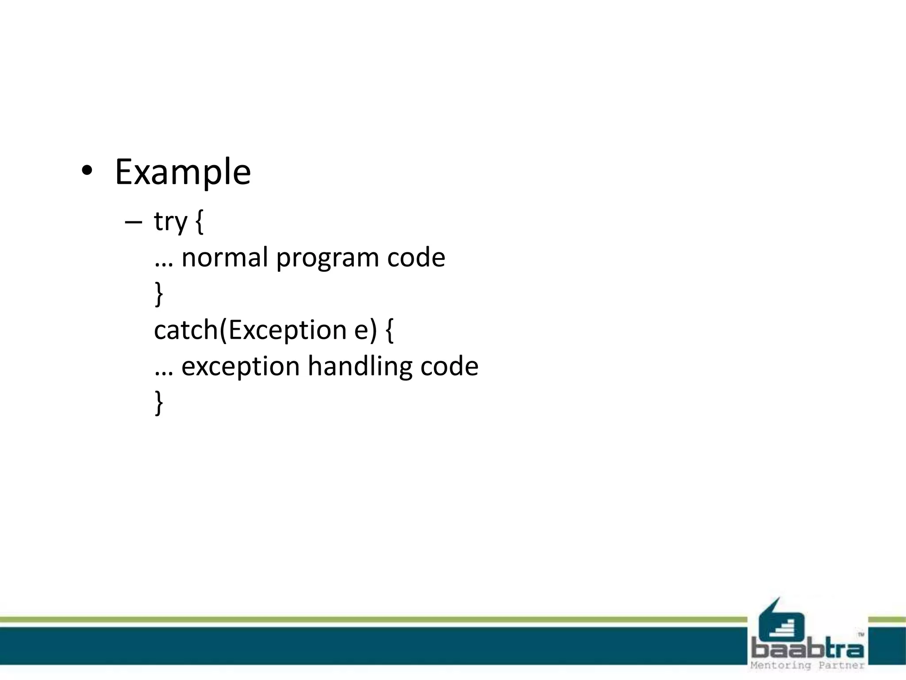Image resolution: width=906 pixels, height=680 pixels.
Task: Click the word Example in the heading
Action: click(x=183, y=173)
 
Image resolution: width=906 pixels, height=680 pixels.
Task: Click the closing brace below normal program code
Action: click(x=159, y=294)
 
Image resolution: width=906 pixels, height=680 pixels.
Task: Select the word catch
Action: click(x=186, y=330)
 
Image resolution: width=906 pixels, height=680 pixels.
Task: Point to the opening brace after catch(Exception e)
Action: click(x=389, y=330)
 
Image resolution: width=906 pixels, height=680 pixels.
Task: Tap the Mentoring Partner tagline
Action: click(x=807, y=665)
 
